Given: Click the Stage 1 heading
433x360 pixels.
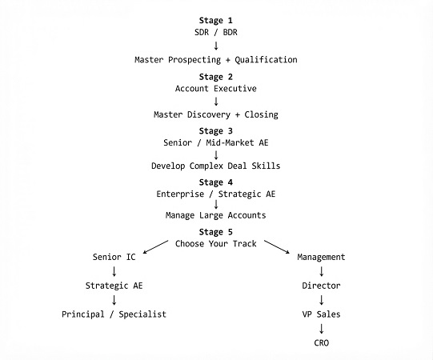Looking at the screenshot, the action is pyautogui.click(x=215, y=21).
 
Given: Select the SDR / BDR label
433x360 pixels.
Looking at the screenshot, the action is pyautogui.click(x=215, y=32).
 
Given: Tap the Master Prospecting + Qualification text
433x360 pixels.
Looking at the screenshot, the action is pyautogui.click(x=215, y=60).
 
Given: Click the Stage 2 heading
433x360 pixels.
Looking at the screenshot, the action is pyautogui.click(x=215, y=77).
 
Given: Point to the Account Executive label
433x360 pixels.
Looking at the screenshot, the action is pyautogui.click(x=215, y=89).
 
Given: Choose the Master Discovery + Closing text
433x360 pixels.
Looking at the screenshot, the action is pyautogui.click(x=215, y=114).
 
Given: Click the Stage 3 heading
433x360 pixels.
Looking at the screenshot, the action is pyautogui.click(x=215, y=131).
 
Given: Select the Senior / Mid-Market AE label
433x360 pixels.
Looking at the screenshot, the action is pyautogui.click(x=215, y=142).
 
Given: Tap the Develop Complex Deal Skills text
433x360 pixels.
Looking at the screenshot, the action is pyautogui.click(x=215, y=166).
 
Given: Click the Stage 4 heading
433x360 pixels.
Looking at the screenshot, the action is pyautogui.click(x=215, y=182).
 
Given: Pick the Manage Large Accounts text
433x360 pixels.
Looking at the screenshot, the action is pyautogui.click(x=215, y=215).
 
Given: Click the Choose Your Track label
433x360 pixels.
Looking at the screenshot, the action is pyautogui.click(x=215, y=244).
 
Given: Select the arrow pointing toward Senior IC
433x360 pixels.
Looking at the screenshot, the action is pyautogui.click(x=155, y=247).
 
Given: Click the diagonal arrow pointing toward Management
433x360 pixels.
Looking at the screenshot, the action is pyautogui.click(x=277, y=247).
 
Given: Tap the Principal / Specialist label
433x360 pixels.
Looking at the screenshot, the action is pyautogui.click(x=114, y=314).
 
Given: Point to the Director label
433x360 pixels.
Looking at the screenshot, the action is pyautogui.click(x=321, y=286).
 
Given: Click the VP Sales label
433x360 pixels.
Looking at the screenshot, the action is pyautogui.click(x=321, y=314).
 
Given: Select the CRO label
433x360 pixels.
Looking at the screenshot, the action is pyautogui.click(x=321, y=343).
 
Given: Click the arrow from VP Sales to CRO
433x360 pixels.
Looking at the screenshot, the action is pyautogui.click(x=321, y=329).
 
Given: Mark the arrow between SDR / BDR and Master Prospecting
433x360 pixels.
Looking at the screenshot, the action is pyautogui.click(x=216, y=46).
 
